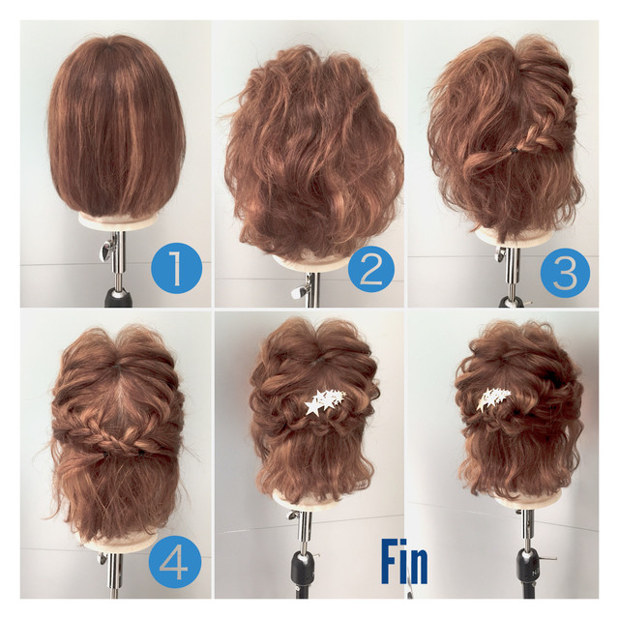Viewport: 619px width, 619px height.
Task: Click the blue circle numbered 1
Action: (x=176, y=268)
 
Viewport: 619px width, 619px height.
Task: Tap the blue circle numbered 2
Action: (x=371, y=269)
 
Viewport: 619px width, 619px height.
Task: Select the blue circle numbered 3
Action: (x=565, y=273)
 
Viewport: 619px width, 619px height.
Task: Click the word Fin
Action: (x=404, y=562)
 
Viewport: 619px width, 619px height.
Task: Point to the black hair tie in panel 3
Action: (x=513, y=150)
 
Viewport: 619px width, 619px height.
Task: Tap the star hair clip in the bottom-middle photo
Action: (x=325, y=401)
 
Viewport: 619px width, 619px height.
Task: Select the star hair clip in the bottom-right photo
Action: (x=492, y=398)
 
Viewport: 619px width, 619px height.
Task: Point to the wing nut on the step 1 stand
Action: (x=105, y=251)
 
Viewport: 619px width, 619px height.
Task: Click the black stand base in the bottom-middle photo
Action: (x=304, y=574)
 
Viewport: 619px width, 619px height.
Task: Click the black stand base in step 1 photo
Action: (x=117, y=298)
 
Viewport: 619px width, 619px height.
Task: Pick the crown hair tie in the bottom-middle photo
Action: (x=314, y=360)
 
